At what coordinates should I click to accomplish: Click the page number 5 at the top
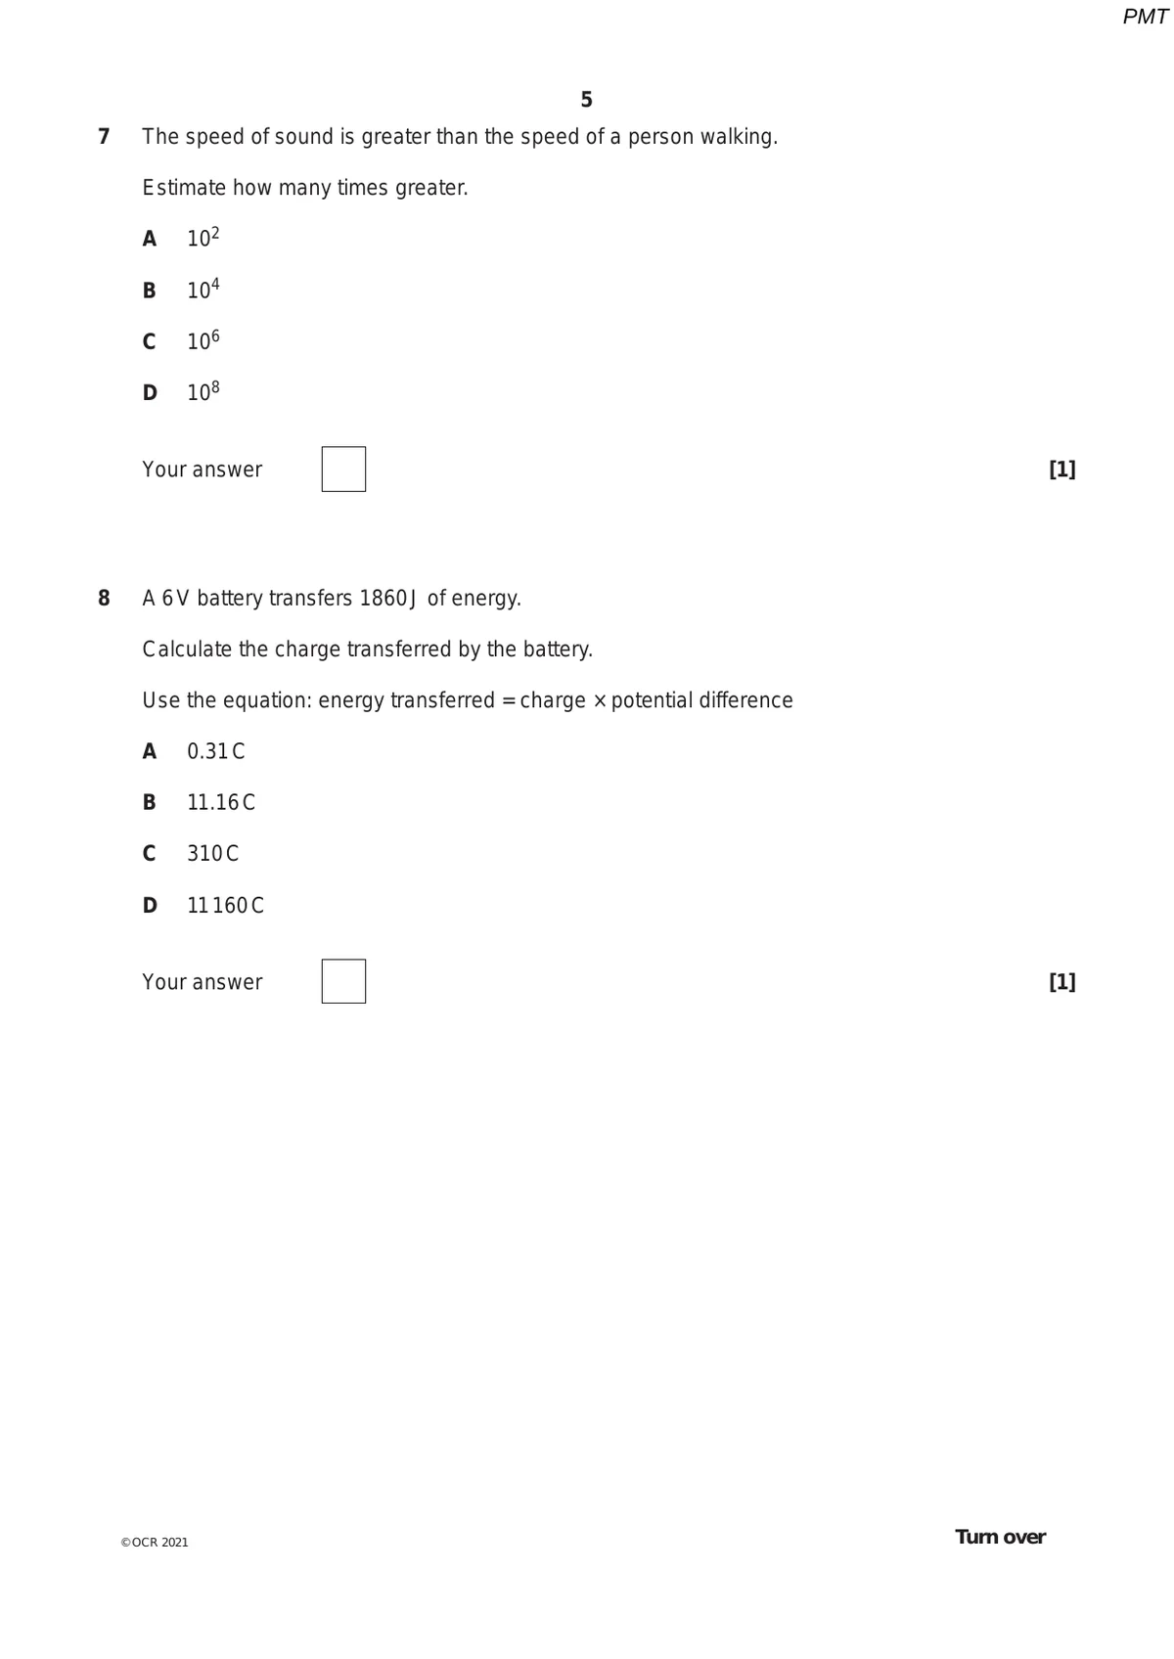[x=586, y=100]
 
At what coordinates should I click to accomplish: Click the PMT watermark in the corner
[x=1145, y=17]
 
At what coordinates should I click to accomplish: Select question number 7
[x=104, y=136]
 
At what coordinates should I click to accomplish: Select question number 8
[x=104, y=598]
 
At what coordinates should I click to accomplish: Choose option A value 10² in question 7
[x=203, y=238]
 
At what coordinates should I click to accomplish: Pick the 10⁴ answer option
[x=203, y=290]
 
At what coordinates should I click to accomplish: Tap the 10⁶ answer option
[x=203, y=340]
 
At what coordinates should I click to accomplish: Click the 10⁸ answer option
[x=203, y=392]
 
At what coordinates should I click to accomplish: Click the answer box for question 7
[x=343, y=470]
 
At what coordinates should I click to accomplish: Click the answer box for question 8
[x=343, y=981]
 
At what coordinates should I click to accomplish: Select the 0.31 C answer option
[x=215, y=751]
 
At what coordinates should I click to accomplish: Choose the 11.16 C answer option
[x=220, y=802]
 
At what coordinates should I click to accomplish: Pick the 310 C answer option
[x=212, y=853]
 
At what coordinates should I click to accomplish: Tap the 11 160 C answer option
[x=225, y=905]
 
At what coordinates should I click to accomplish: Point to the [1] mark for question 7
[x=1061, y=470]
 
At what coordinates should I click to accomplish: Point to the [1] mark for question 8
[x=1061, y=981]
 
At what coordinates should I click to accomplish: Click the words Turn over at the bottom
[x=1000, y=1537]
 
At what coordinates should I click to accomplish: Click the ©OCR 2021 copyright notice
[x=155, y=1543]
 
